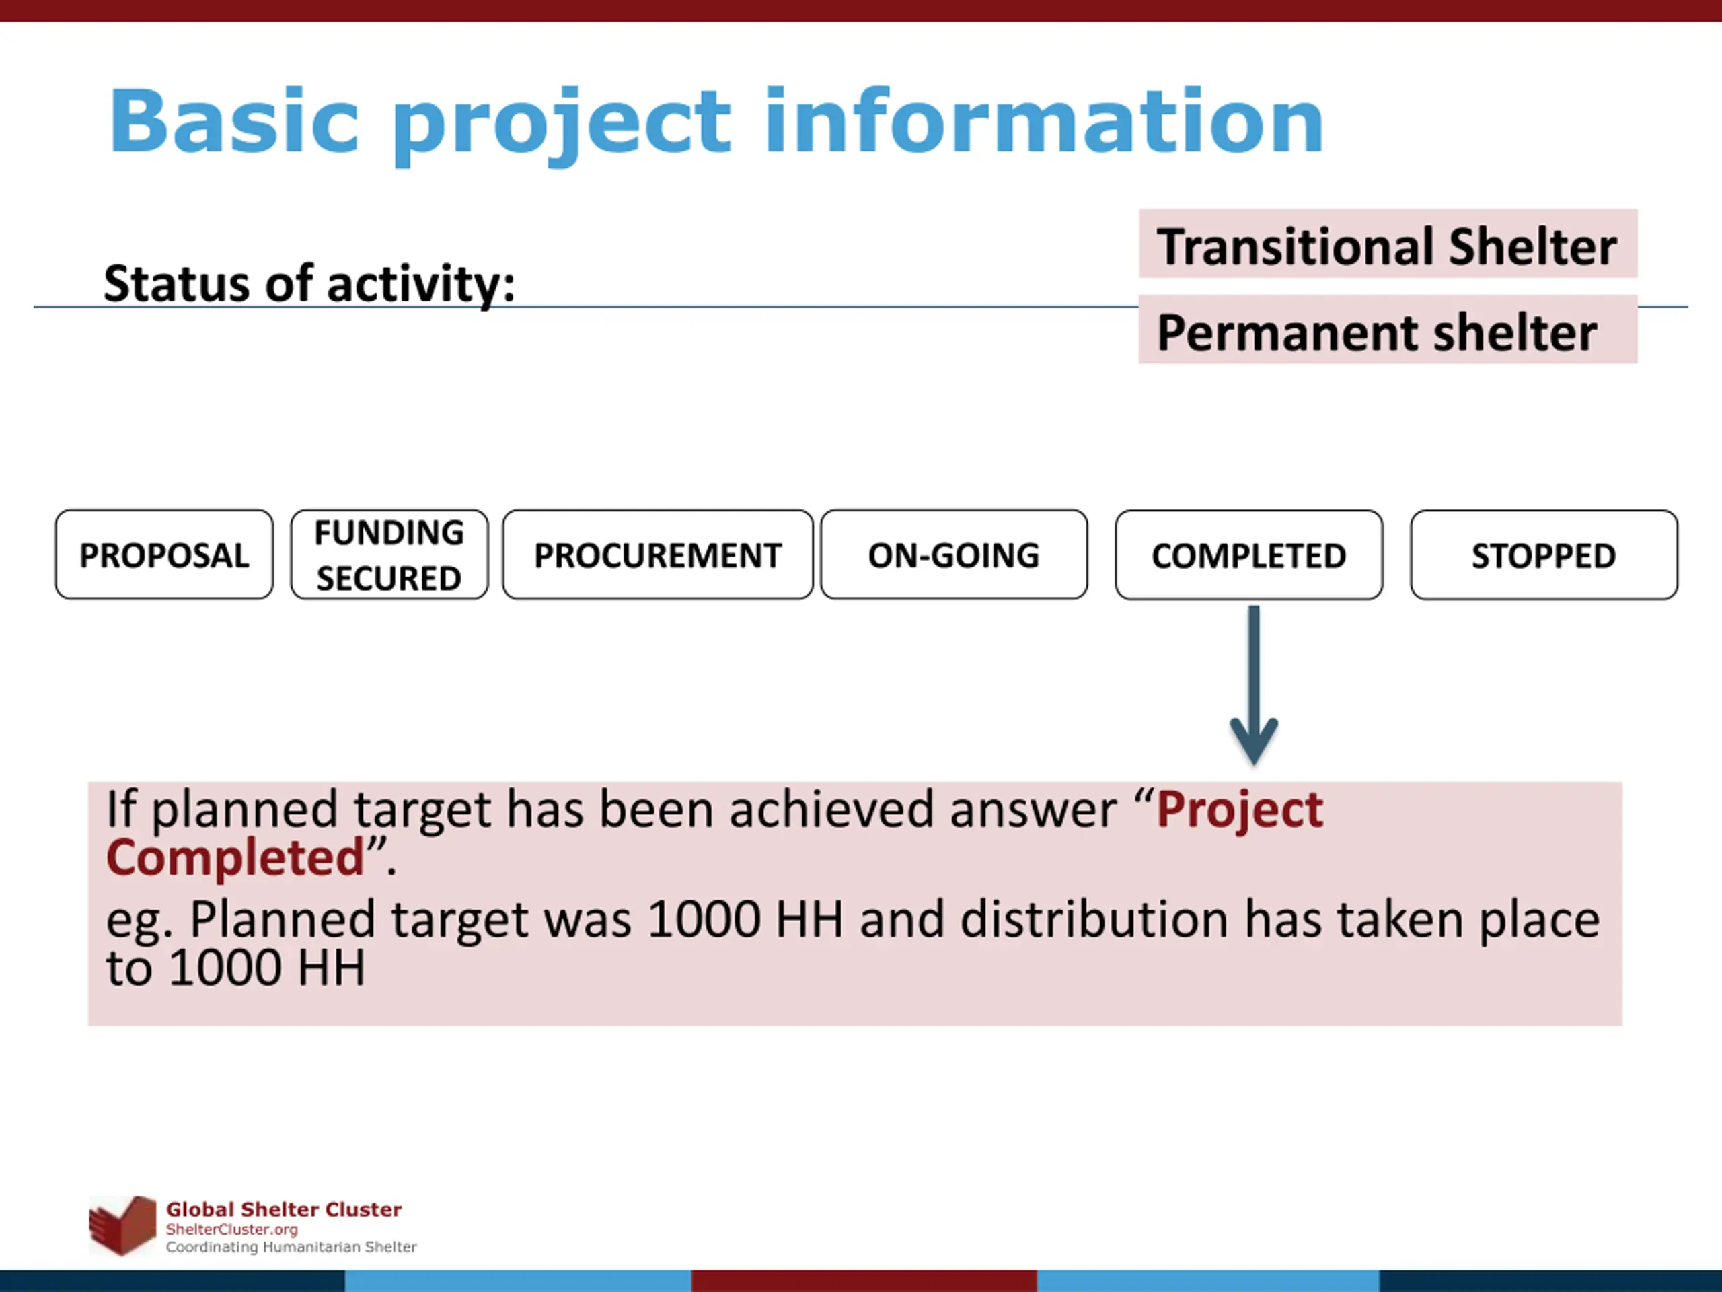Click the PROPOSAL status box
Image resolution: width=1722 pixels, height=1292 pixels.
(x=164, y=554)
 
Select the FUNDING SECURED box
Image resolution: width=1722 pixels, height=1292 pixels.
(x=389, y=554)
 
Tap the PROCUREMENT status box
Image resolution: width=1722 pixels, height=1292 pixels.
(x=658, y=554)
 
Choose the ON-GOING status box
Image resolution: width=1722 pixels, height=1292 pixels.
(x=954, y=554)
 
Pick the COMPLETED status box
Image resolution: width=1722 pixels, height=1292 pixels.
(x=1248, y=554)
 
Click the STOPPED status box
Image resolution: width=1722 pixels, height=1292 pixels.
(x=1544, y=554)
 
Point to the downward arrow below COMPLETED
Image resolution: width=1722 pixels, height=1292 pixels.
(x=1253, y=685)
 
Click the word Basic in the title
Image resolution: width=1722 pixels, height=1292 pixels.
(x=233, y=122)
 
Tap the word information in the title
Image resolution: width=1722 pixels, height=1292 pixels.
(x=1044, y=122)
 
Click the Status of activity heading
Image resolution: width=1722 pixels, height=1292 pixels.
(x=309, y=283)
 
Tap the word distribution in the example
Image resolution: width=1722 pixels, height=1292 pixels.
(x=1094, y=920)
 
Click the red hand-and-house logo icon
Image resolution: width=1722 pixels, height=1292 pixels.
(x=122, y=1226)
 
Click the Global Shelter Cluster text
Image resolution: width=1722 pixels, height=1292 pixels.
(x=284, y=1209)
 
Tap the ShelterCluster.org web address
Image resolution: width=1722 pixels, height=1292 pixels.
(x=232, y=1229)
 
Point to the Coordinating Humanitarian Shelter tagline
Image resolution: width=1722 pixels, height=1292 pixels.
(x=291, y=1247)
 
